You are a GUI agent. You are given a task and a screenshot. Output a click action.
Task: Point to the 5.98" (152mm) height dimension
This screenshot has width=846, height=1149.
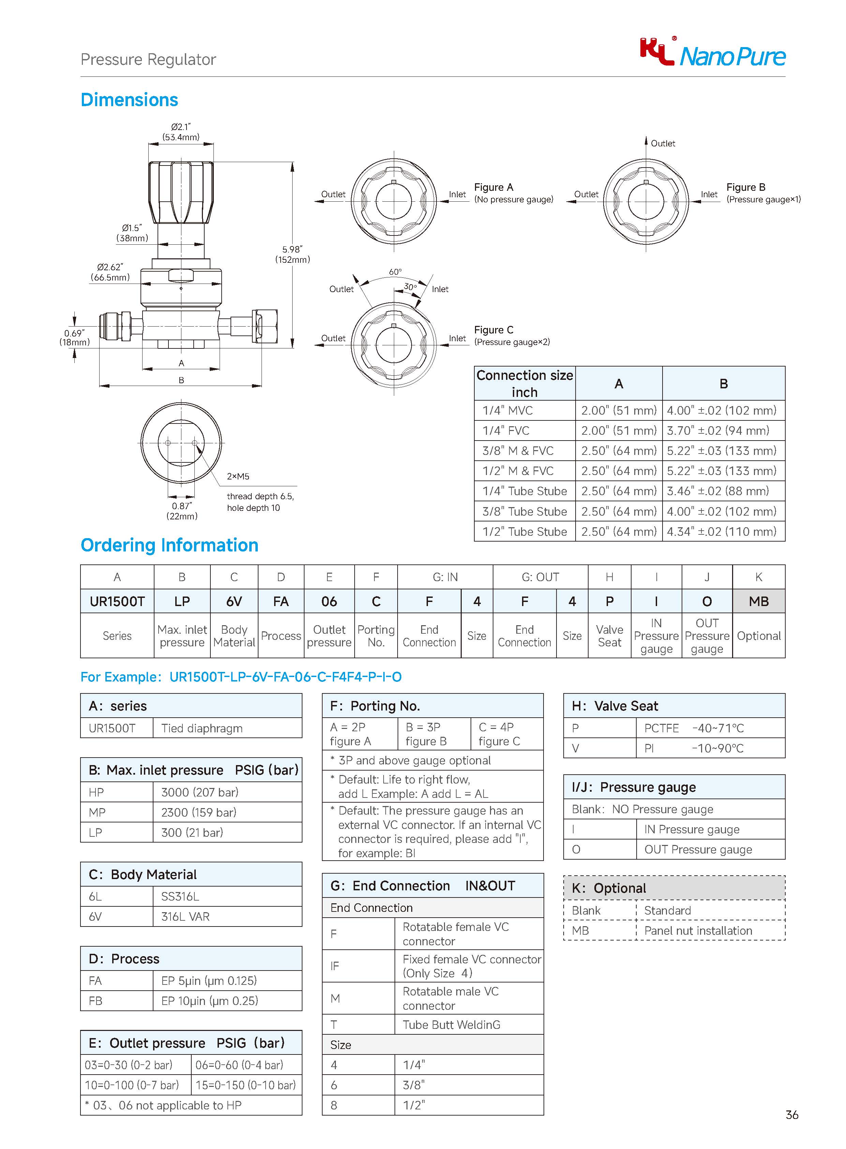293,254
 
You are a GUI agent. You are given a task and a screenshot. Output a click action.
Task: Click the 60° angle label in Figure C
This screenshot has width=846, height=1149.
395,272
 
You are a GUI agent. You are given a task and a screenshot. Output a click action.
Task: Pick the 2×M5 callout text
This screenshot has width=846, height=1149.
238,476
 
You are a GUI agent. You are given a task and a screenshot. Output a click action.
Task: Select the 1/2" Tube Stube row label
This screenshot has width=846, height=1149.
524,531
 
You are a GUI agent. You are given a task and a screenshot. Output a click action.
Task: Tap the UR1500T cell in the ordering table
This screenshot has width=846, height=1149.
117,601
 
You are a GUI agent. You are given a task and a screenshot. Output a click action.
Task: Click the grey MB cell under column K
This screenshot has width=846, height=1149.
758,601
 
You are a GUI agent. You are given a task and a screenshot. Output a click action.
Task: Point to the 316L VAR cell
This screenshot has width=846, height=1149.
185,916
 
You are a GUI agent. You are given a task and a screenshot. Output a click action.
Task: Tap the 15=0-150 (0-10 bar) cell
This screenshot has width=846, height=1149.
245,1085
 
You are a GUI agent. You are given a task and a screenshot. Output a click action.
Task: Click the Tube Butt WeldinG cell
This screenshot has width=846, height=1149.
451,1024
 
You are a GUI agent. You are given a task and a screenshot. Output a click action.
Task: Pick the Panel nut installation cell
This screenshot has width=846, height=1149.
698,931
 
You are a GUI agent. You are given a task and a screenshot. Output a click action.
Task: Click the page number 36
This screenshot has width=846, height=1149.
792,1115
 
